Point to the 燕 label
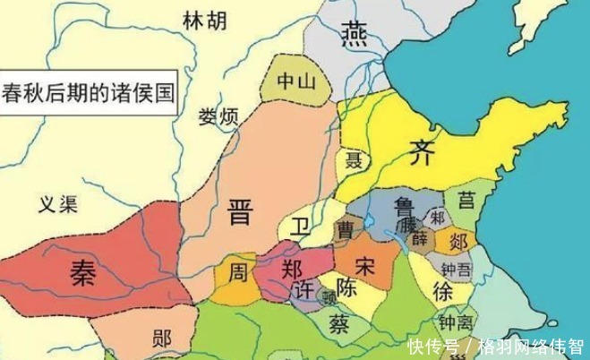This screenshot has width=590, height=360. pos(351,35)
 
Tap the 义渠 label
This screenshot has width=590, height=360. pos(57,204)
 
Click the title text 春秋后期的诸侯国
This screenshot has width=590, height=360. pos(87,91)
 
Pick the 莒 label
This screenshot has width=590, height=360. pos(466,199)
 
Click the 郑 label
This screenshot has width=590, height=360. pos(290,269)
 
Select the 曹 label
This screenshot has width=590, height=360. pos(345,231)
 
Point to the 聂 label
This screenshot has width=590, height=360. pos(354,162)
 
